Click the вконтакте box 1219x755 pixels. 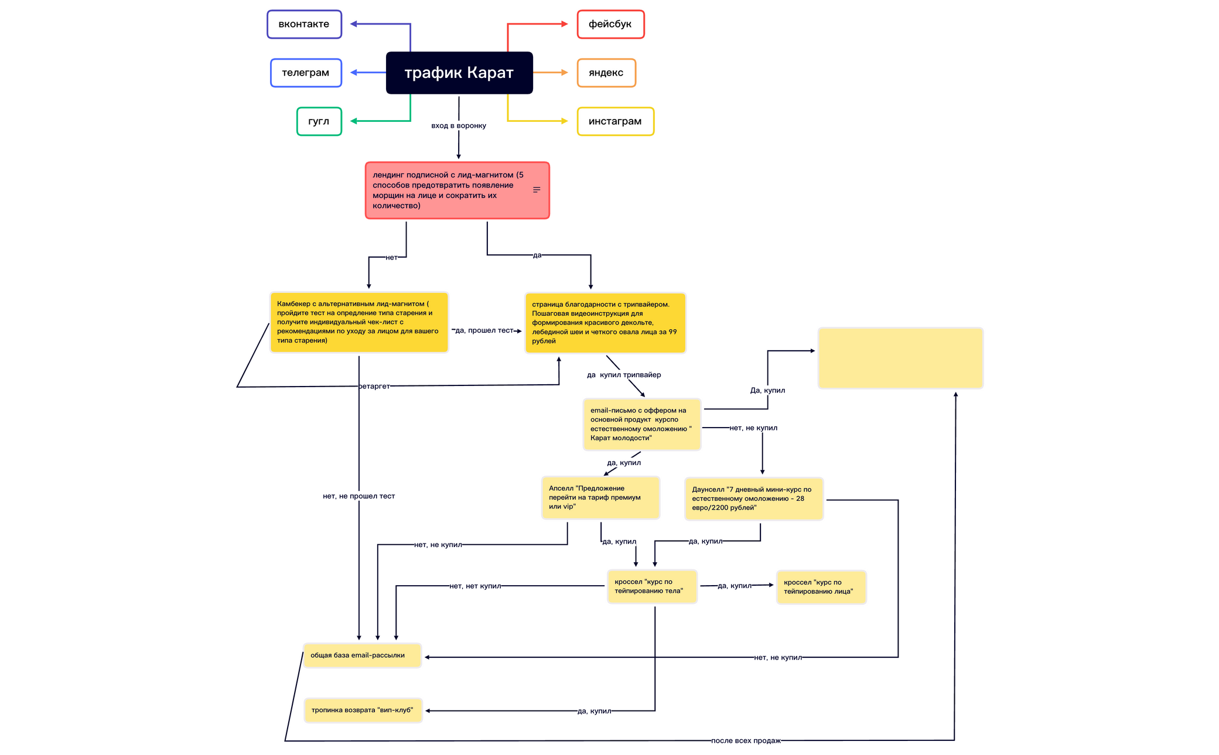(304, 24)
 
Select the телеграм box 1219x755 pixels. (306, 73)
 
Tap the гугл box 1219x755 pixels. (319, 121)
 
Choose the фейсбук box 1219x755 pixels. (610, 24)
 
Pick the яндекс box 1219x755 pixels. (606, 73)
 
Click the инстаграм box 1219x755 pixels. (615, 121)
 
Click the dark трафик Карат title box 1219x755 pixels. (459, 73)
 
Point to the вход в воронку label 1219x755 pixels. (459, 125)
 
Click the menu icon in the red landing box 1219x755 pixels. (537, 190)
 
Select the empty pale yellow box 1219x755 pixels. (900, 358)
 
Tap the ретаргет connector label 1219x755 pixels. (374, 386)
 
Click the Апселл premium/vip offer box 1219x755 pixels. (600, 497)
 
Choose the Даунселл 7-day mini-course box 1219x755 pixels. (754, 498)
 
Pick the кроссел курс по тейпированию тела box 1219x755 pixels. (652, 586)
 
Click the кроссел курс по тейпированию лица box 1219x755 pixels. (821, 587)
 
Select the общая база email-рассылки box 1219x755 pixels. (362, 655)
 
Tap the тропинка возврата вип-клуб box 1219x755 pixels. (363, 710)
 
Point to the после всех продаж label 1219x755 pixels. (746, 740)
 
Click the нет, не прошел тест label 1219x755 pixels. (358, 496)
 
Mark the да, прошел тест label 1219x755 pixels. (484, 330)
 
